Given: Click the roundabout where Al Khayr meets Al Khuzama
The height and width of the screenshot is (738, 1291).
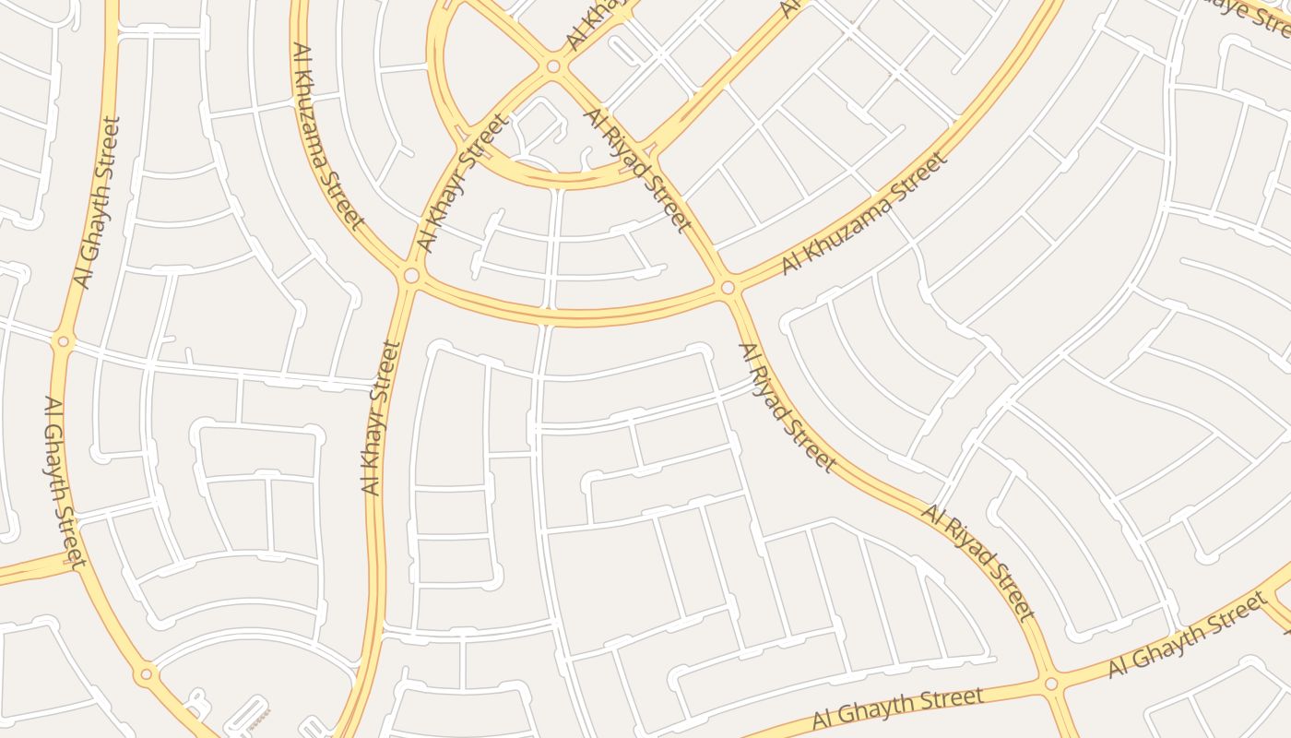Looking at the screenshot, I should click(411, 275).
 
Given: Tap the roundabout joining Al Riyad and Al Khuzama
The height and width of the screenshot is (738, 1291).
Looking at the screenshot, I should click(728, 288).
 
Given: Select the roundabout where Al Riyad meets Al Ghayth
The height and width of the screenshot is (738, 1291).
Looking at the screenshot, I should click(1051, 684).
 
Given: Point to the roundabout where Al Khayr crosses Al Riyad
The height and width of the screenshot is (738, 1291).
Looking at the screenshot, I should click(553, 66).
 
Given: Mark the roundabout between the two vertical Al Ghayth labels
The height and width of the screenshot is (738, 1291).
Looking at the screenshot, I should click(63, 341).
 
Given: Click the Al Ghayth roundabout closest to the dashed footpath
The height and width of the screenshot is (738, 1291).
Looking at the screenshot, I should click(146, 674).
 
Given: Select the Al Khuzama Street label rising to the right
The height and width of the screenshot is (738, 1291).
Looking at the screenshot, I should click(864, 213).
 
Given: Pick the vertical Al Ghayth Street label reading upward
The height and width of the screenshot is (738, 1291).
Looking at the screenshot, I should click(98, 202).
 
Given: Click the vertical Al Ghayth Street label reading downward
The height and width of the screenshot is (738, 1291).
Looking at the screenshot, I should click(65, 481).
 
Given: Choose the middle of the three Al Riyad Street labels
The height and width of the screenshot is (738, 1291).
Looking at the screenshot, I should click(787, 407).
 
